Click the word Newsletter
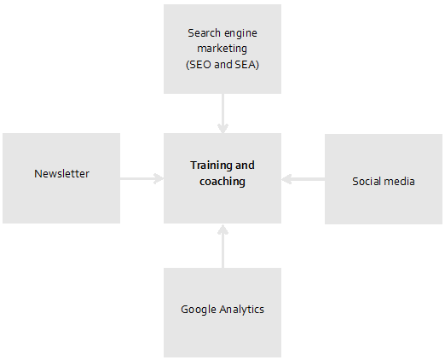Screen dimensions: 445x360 [61, 173]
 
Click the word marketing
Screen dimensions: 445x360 [222, 49]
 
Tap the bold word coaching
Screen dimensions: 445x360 [222, 182]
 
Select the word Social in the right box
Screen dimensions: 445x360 [367, 182]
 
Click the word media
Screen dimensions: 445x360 [400, 182]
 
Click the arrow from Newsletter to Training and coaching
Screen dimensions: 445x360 [142, 178]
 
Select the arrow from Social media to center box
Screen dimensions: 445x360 [303, 179]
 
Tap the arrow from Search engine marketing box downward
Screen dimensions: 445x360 [222, 113]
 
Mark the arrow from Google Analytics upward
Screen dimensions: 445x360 [222, 246]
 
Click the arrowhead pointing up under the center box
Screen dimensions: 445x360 [222, 229]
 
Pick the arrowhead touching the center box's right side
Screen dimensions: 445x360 [286, 179]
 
